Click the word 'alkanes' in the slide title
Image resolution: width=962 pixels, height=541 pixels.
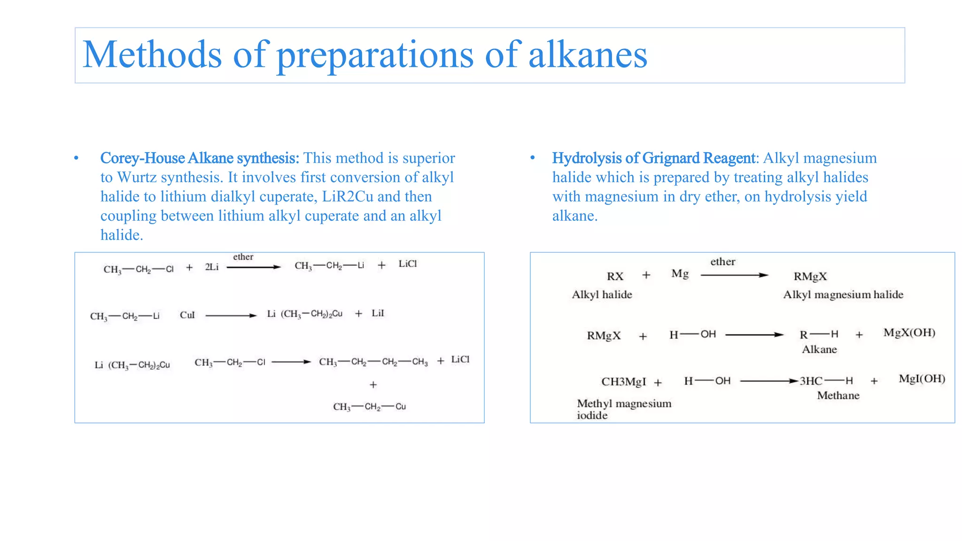[588, 55]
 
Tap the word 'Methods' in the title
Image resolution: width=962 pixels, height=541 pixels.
[152, 55]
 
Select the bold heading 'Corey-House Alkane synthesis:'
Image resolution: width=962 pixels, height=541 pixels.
[200, 158]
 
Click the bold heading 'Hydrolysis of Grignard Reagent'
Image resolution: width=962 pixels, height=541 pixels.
[653, 158]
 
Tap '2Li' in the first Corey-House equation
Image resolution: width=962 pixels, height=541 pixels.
[212, 267]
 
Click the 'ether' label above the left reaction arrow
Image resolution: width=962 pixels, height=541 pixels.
[243, 257]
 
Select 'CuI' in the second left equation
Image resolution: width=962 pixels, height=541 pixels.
[187, 315]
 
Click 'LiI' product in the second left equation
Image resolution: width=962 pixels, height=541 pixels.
[378, 313]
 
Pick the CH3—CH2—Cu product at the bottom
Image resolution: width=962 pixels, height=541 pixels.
[369, 407]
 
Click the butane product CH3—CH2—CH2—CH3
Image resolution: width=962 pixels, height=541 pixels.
[373, 362]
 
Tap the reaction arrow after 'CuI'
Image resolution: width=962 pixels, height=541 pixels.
[231, 316]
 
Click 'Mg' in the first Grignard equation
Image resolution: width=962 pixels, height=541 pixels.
[680, 274]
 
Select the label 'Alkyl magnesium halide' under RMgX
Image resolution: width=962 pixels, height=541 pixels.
[843, 295]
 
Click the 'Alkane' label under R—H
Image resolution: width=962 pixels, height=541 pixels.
[819, 349]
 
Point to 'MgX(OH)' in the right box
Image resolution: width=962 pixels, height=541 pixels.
[909, 333]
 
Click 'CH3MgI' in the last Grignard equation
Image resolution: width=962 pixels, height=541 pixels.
[623, 382]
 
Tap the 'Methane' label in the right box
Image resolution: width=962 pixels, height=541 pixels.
[838, 395]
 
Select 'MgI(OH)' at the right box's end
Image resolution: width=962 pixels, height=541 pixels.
[922, 379]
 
